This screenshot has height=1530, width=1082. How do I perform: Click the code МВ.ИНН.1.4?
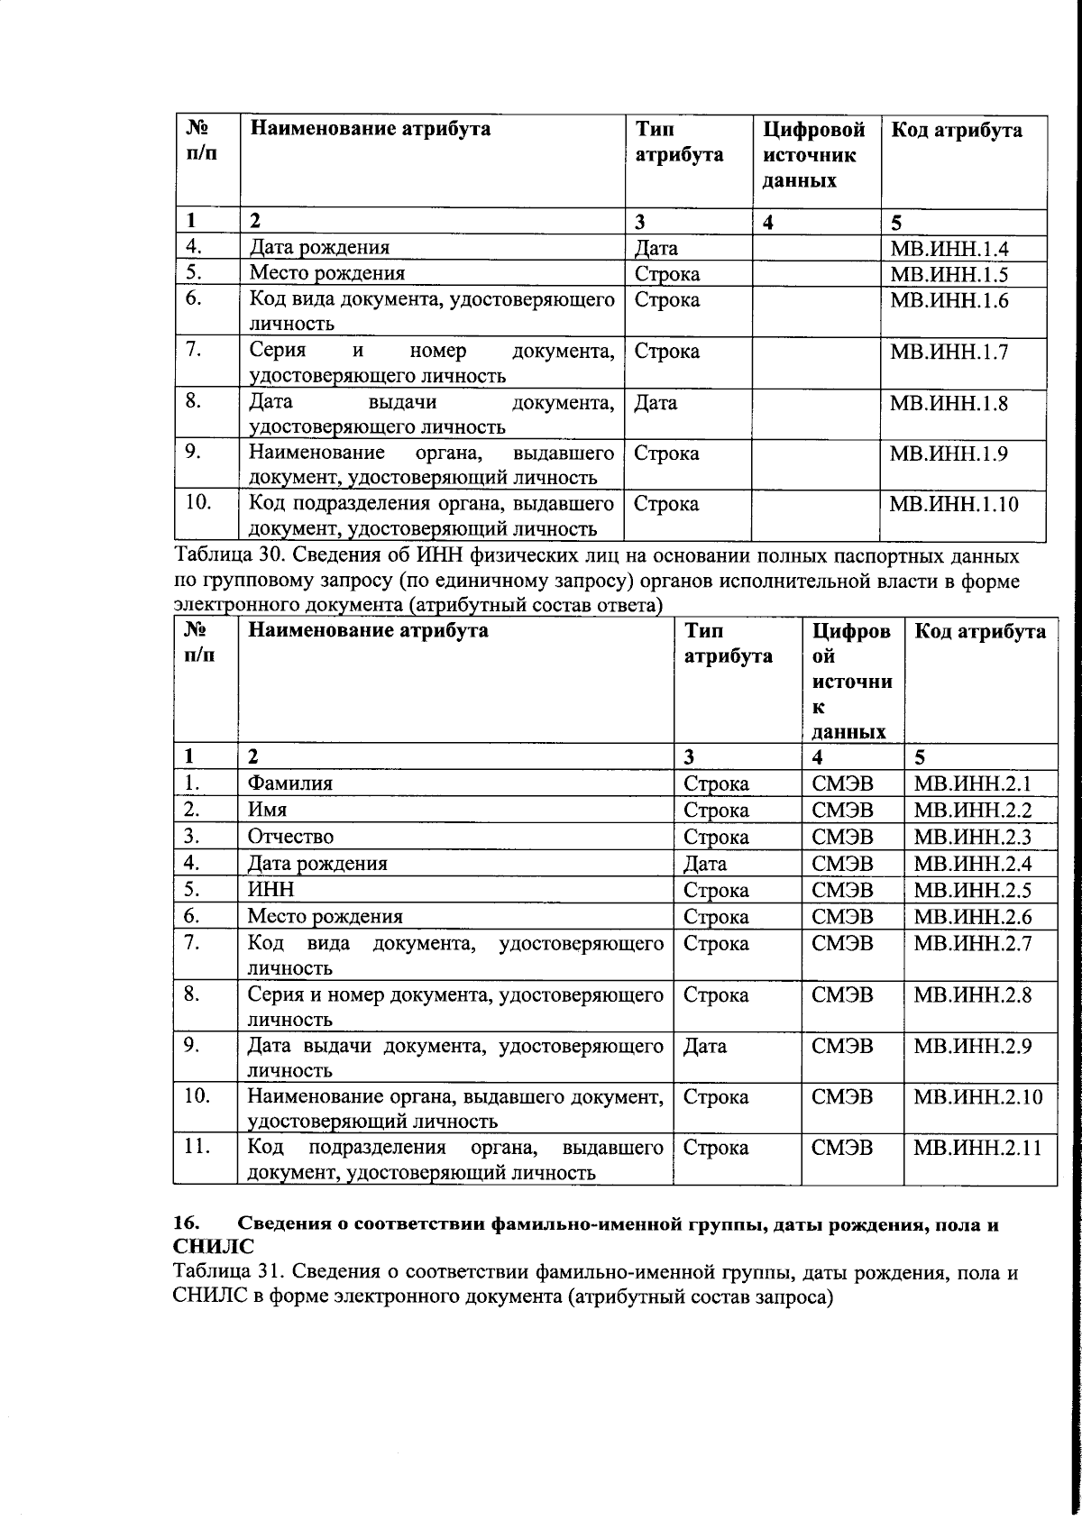(949, 250)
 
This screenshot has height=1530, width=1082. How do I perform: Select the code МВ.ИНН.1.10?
(954, 505)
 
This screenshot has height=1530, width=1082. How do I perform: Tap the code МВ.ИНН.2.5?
(972, 891)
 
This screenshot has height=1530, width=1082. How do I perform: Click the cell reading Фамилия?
(290, 783)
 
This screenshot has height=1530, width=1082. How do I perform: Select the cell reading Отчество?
(290, 838)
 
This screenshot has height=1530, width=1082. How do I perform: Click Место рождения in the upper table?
(326, 273)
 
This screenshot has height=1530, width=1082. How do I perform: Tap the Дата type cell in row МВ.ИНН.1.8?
(656, 403)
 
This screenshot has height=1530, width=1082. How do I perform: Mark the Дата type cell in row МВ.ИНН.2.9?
(705, 1047)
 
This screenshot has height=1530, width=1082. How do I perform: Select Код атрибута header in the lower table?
(979, 632)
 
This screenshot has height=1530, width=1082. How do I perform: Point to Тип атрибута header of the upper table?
(678, 142)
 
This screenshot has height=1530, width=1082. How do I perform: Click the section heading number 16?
(186, 1224)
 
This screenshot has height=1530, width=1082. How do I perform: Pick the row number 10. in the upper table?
(197, 503)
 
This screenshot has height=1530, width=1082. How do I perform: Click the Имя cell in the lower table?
(261, 811)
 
